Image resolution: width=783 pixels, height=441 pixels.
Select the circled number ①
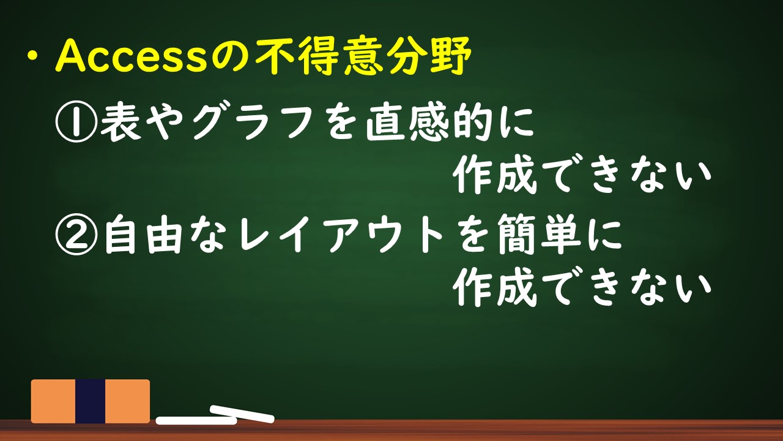point(76,121)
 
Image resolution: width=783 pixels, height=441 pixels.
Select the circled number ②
point(76,234)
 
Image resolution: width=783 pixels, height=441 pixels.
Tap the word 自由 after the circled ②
point(144,234)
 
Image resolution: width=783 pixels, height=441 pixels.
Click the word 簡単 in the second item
point(538,234)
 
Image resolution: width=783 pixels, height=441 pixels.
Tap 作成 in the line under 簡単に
point(495,287)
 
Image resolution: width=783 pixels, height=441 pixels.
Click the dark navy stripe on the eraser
point(90,401)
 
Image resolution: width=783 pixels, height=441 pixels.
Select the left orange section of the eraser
point(53,401)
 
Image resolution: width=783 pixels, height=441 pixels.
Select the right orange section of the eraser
point(128,401)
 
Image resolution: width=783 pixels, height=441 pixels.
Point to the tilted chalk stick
point(242,414)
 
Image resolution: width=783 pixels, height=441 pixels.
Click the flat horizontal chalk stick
point(196,420)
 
